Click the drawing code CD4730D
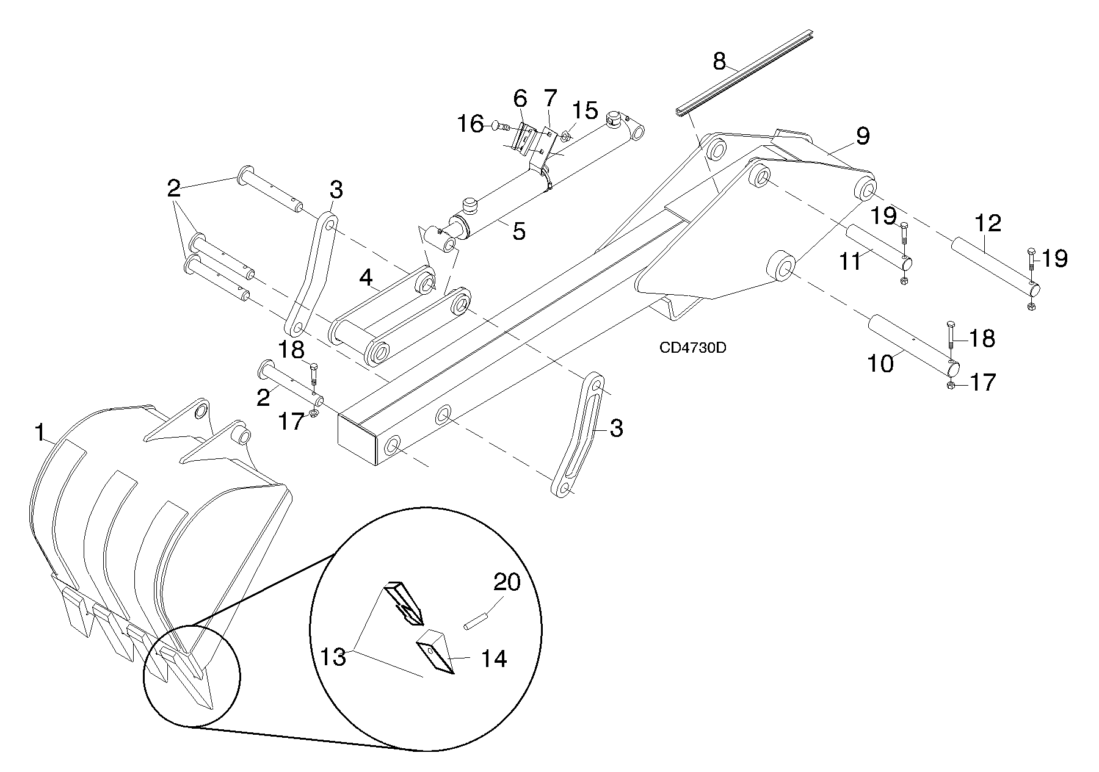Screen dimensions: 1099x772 coord(692,348)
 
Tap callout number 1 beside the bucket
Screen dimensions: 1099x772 coord(40,433)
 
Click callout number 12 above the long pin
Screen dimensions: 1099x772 coord(988,223)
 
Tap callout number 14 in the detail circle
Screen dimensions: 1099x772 coord(493,658)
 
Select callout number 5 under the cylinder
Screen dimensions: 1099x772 coord(518,231)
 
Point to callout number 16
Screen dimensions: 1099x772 coord(471,124)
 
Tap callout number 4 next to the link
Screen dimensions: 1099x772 coord(366,278)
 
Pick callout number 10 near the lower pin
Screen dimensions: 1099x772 coord(880,363)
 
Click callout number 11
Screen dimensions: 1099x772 coord(849,261)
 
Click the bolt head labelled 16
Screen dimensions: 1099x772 coord(495,126)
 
